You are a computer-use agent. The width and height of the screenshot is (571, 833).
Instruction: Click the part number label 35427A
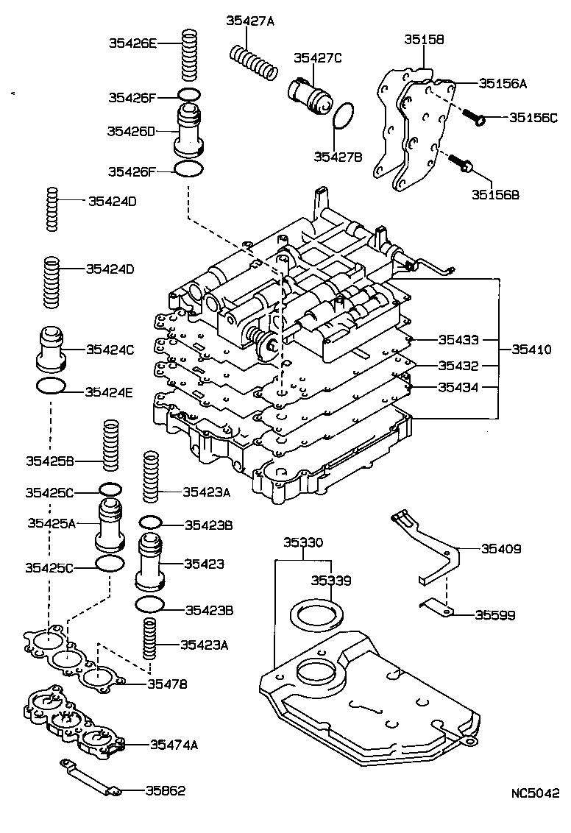(x=249, y=21)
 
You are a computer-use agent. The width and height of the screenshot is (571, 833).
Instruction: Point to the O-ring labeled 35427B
(x=344, y=116)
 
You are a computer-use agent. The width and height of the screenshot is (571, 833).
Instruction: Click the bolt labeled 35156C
(x=475, y=116)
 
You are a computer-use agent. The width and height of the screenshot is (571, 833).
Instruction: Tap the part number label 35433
(x=458, y=340)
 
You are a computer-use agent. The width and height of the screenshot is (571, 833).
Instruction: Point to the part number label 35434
(x=458, y=387)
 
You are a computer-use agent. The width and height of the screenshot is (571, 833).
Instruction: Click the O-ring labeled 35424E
(x=52, y=386)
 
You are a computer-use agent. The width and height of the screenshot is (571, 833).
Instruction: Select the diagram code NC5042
(x=536, y=794)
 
